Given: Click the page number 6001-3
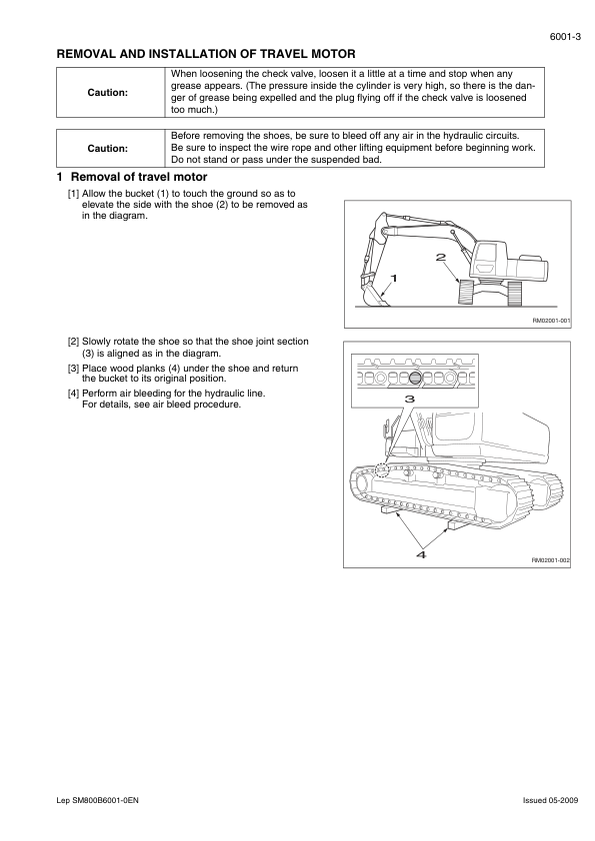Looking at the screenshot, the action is [x=565, y=37].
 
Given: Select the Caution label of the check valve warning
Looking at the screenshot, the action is [x=107, y=93].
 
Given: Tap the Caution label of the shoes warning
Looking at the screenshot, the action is [x=107, y=149].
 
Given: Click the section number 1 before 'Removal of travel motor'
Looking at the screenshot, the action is [x=60, y=177].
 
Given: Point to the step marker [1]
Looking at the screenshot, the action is [x=73, y=194].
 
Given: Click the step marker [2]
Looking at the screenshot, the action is [x=73, y=342].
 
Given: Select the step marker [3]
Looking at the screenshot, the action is [x=73, y=369].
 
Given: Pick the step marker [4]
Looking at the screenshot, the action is [x=73, y=394].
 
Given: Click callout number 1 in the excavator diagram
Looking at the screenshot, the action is [x=394, y=278].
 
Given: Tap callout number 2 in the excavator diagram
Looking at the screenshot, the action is [x=440, y=257].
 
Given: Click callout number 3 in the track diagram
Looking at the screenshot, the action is [x=410, y=399].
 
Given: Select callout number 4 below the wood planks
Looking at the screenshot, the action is [x=421, y=554].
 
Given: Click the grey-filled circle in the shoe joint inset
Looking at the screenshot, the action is [x=415, y=378].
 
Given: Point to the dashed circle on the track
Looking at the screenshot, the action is [x=382, y=469].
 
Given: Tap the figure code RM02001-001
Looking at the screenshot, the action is [x=551, y=321].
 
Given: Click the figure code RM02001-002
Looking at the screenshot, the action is [x=550, y=560].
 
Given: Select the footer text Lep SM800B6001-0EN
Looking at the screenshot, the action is [x=97, y=801].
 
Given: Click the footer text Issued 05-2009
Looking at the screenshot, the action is [x=550, y=801].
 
